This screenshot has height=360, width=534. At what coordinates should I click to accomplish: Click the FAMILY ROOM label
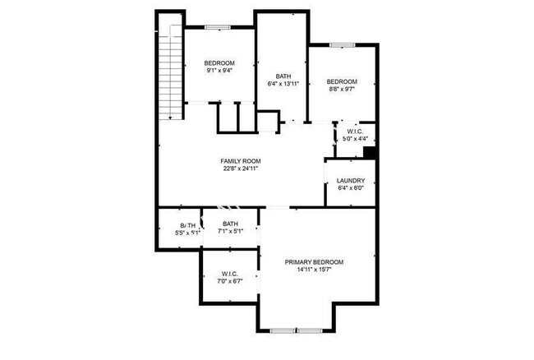coord(240,160)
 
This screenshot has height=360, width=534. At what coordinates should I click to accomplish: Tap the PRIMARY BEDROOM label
coord(314,262)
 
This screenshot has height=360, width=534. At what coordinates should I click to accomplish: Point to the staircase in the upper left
coord(169,70)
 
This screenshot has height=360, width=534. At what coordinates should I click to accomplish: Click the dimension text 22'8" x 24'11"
coord(240,168)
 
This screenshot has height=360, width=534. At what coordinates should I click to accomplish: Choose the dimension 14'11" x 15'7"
coord(314,270)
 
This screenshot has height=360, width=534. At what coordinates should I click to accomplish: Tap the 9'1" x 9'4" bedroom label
coord(219,64)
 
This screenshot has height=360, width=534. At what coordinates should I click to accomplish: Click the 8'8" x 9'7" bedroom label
coord(342,81)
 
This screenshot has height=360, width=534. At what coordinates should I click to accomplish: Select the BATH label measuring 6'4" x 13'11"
coord(283,76)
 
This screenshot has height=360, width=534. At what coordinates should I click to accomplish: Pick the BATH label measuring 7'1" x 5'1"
coord(230,224)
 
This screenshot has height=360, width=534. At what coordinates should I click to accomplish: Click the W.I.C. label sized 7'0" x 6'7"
coord(229,274)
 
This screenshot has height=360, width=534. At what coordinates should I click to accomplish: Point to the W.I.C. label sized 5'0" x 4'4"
coord(355,132)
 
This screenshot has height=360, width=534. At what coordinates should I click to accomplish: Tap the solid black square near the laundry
coord(370,152)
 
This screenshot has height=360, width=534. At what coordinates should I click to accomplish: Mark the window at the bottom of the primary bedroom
coord(296,330)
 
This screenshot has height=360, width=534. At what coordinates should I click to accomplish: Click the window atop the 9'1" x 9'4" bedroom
coord(217,27)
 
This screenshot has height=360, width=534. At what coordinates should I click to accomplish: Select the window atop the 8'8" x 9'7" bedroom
coord(342,44)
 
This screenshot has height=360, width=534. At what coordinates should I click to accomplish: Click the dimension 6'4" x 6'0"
coord(351,188)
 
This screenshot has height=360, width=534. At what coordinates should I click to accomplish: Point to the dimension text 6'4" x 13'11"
coord(283,85)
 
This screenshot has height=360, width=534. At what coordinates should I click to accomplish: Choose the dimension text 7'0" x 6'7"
coord(229,281)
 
